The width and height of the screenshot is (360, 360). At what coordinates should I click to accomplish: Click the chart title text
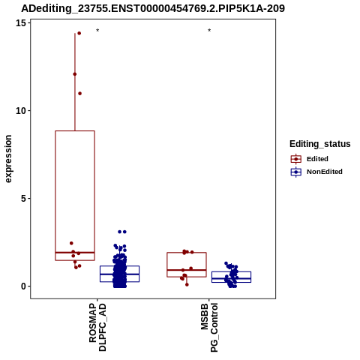click(153, 9)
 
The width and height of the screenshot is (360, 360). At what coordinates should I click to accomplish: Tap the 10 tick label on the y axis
click(21, 111)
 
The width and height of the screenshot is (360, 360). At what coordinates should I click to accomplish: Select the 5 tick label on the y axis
click(24, 199)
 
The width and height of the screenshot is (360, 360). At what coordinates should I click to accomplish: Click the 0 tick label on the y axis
click(24, 286)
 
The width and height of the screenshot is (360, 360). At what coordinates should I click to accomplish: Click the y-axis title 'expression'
click(8, 159)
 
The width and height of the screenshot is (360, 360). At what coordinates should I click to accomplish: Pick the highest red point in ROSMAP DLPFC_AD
click(79, 33)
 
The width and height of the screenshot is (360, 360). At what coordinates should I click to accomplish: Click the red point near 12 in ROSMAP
click(75, 74)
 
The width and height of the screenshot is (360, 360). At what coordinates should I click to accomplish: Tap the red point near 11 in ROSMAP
click(79, 94)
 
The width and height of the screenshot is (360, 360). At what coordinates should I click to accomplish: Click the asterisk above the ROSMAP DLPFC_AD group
click(97, 30)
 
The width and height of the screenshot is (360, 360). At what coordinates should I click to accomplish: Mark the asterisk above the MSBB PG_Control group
click(209, 30)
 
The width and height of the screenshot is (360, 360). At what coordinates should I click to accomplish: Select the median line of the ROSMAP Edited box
click(75, 253)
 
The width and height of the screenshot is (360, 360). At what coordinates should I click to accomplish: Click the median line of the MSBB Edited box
click(187, 270)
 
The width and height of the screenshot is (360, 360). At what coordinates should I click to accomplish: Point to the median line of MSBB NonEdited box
click(231, 278)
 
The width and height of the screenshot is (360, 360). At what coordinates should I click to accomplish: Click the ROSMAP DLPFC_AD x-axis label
click(97, 328)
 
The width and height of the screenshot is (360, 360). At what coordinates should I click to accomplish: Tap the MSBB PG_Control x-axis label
click(209, 328)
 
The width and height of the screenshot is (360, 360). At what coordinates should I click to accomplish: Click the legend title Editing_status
click(320, 144)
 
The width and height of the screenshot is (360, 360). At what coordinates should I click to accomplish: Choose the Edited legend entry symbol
click(296, 159)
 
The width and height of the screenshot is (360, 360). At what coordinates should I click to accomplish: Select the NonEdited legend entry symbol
click(296, 172)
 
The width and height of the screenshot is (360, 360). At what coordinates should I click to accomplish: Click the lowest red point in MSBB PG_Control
click(187, 284)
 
